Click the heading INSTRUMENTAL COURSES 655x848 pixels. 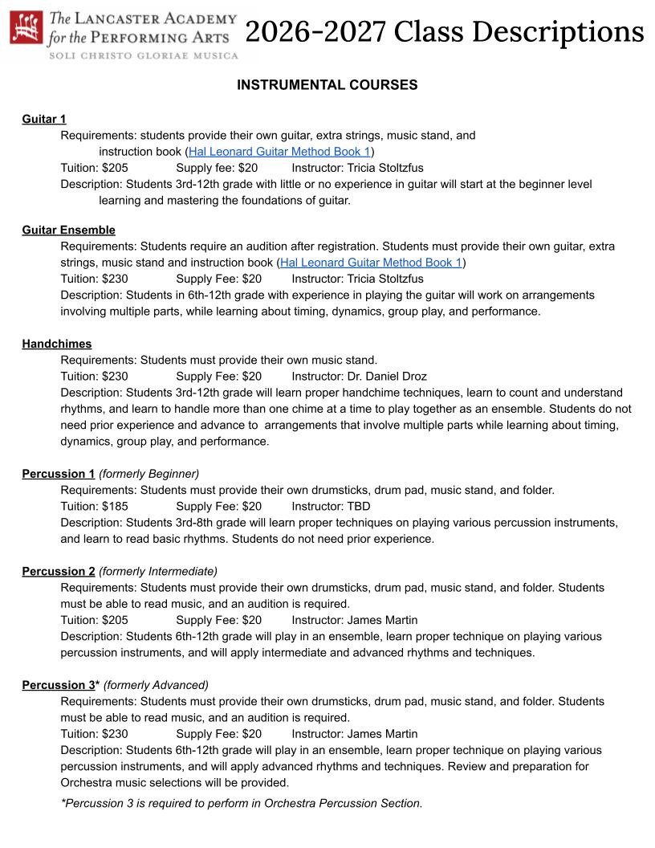point(327,85)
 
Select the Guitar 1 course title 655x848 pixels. point(44,119)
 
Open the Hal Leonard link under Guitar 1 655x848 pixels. point(279,151)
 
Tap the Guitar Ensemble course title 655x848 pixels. point(68,230)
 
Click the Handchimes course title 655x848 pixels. point(57,344)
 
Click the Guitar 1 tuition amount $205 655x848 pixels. point(115,168)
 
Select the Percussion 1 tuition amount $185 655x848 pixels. point(115,506)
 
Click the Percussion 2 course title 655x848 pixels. point(59,571)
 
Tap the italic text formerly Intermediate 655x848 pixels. point(158,571)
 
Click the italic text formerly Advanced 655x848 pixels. point(156,685)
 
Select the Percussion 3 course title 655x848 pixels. point(59,685)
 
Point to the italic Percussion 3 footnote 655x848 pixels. point(241,802)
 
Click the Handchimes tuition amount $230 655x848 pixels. point(115,376)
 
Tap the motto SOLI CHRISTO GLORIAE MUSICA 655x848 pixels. point(144,55)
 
